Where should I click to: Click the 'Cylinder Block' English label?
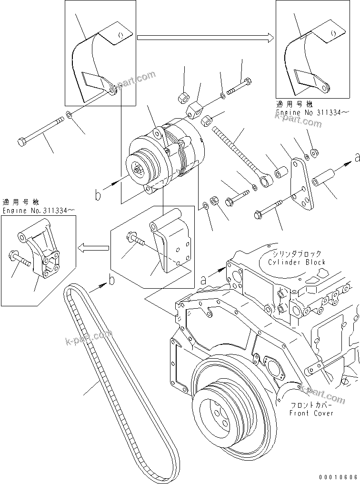coord(296,262)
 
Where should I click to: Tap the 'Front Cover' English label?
coord(311,413)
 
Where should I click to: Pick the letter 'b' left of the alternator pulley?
coord(98,195)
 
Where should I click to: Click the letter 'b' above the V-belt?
coord(111,281)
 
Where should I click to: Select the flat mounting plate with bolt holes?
coord(302,186)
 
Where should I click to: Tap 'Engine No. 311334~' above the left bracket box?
coord(38,210)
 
